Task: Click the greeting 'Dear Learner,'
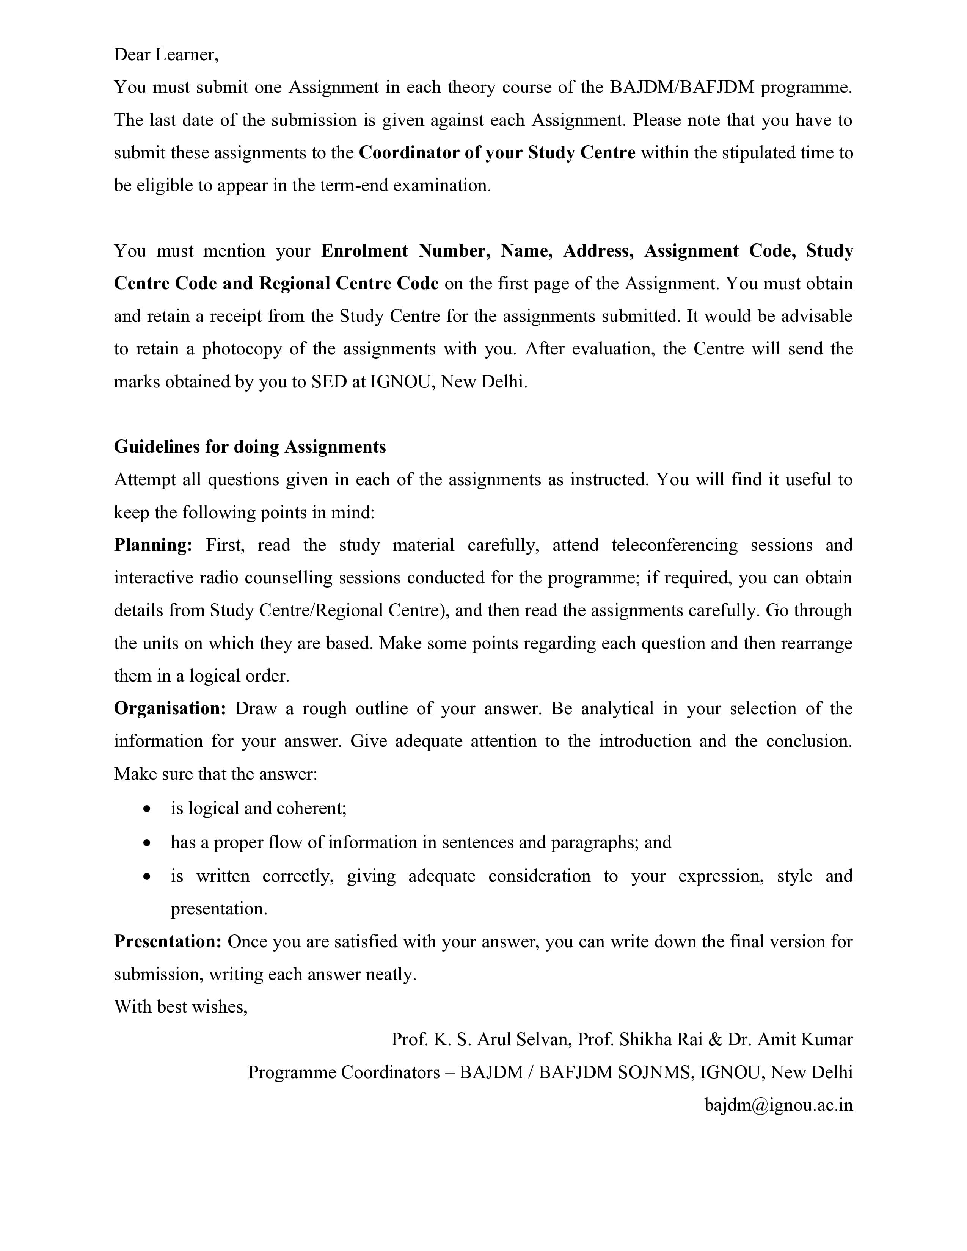tap(166, 55)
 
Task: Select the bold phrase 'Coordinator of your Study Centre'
tap(497, 153)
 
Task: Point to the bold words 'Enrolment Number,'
tap(405, 251)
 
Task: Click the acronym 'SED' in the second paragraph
tap(329, 381)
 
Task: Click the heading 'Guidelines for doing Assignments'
tap(250, 447)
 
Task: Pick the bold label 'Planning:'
tap(153, 545)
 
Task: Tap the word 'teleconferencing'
tap(674, 545)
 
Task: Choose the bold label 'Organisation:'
tap(170, 709)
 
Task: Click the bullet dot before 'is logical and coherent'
tap(148, 809)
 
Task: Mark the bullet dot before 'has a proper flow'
tap(148, 843)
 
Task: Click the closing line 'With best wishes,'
tap(181, 1007)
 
